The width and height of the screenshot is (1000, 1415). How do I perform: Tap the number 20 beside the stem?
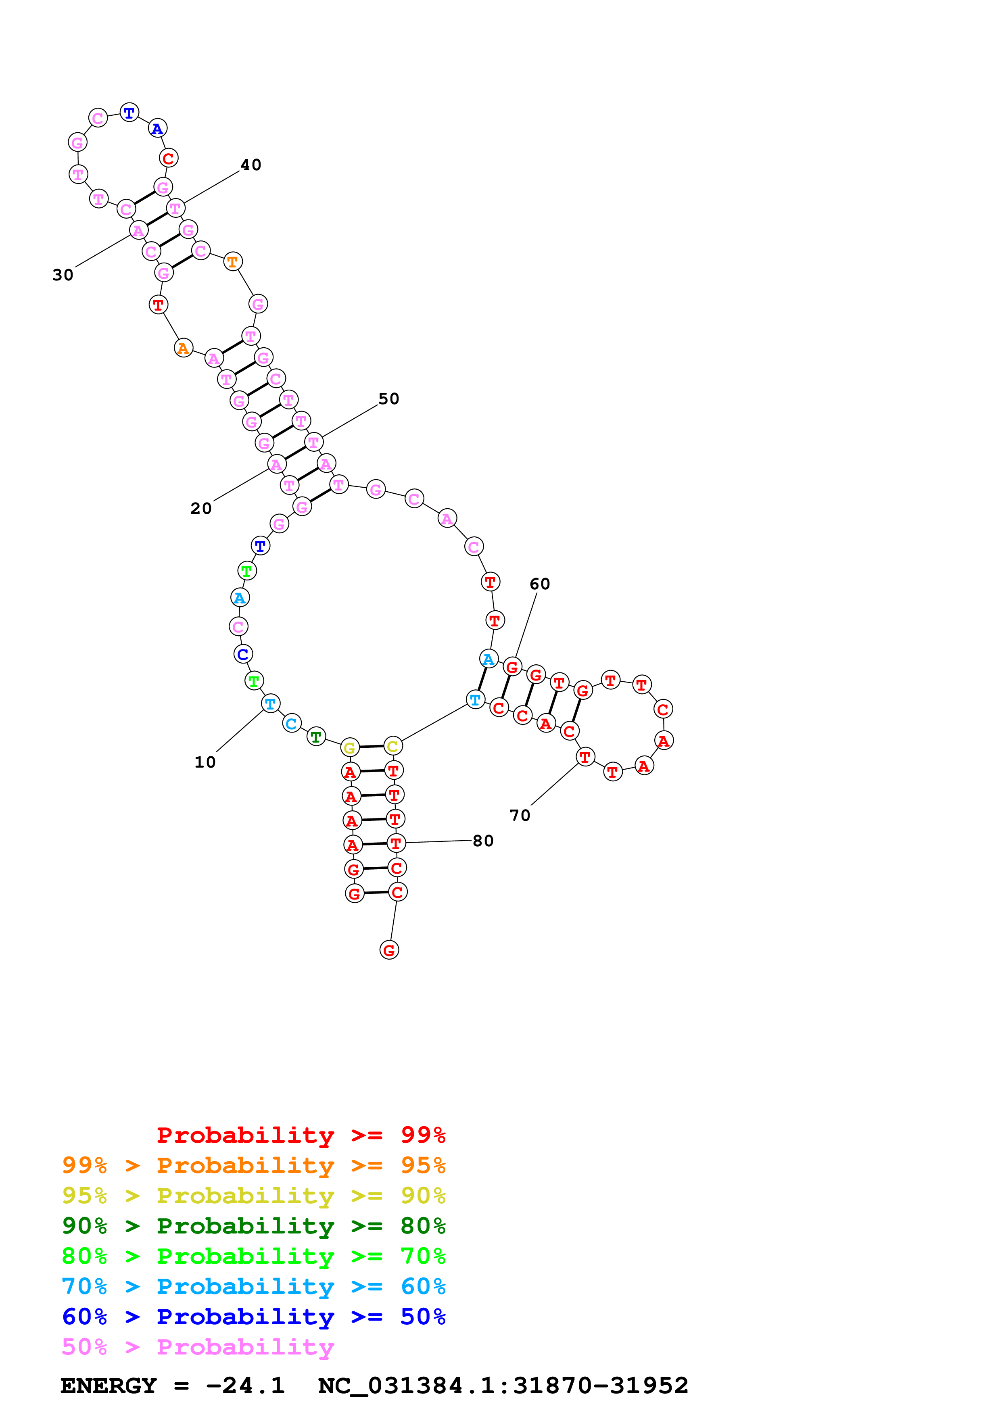click(201, 508)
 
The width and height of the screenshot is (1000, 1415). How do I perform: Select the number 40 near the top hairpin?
click(251, 165)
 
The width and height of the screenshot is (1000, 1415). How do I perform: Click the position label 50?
click(389, 399)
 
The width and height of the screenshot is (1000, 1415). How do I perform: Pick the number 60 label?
click(540, 584)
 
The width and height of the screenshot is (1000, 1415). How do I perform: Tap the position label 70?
click(520, 815)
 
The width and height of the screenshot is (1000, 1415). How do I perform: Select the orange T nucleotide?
click(232, 262)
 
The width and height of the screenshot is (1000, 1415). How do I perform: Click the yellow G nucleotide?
click(349, 747)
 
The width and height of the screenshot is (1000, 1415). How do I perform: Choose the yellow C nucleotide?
click(392, 746)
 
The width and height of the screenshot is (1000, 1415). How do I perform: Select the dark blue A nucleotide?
click(158, 129)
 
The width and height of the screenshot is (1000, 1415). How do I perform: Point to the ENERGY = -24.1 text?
click(173, 1386)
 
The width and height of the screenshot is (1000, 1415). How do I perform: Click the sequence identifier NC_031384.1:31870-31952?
click(503, 1386)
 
